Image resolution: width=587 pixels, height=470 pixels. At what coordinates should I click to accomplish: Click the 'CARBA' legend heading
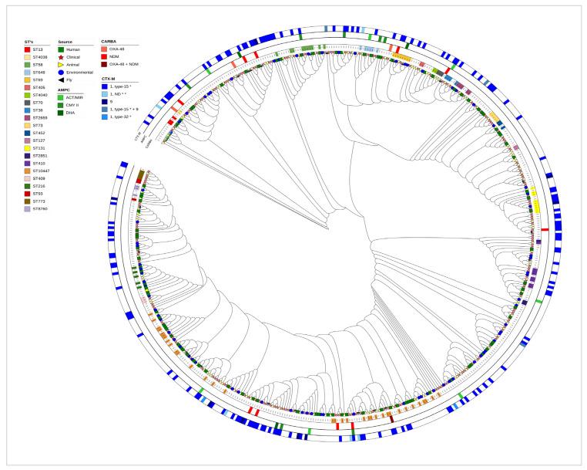click(x=109, y=40)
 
